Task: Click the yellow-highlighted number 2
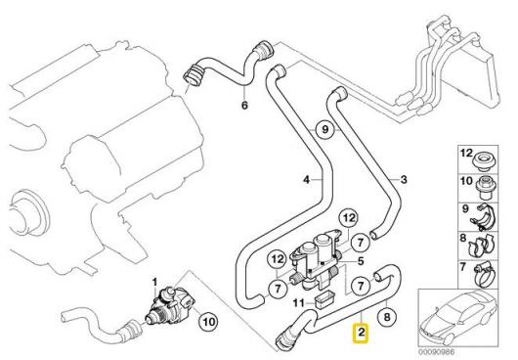(362, 333)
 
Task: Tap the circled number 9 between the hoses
(325, 129)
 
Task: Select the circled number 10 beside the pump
(209, 321)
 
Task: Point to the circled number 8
(386, 317)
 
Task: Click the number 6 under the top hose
(244, 106)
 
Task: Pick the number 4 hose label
(307, 180)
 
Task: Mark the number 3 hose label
(404, 180)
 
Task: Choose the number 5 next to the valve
(361, 261)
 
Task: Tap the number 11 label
(299, 302)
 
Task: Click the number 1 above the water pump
(154, 283)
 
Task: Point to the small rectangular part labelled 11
(324, 299)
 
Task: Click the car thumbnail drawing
(458, 318)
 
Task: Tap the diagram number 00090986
(437, 352)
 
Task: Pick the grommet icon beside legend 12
(484, 160)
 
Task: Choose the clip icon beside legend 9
(484, 216)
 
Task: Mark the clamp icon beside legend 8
(481, 247)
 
